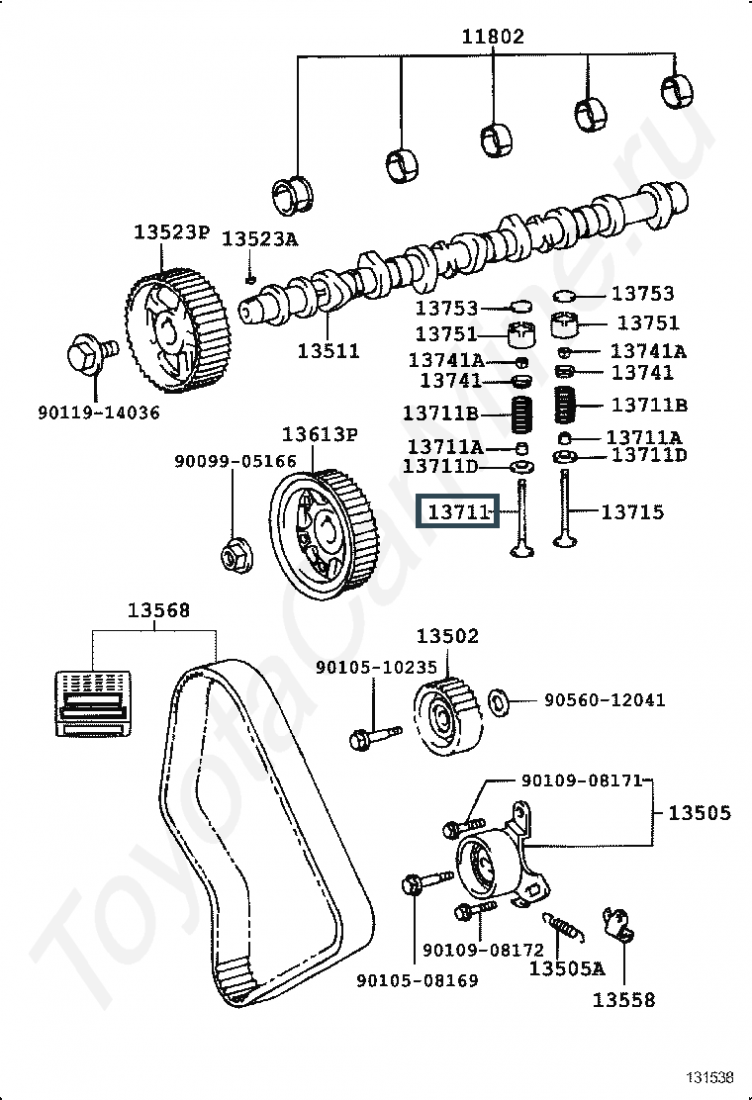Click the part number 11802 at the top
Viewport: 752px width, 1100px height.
[x=493, y=36]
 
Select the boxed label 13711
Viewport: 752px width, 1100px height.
[x=457, y=512]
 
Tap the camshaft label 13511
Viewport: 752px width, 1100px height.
[x=328, y=351]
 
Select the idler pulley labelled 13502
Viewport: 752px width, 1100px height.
[x=447, y=716]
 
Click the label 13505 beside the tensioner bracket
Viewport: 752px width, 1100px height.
[x=699, y=813]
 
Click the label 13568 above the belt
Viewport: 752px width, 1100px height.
[x=158, y=610]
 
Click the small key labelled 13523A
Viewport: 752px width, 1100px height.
[x=249, y=280]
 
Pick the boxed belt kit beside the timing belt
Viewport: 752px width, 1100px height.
[x=93, y=703]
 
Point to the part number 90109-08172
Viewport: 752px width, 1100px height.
[x=483, y=950]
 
